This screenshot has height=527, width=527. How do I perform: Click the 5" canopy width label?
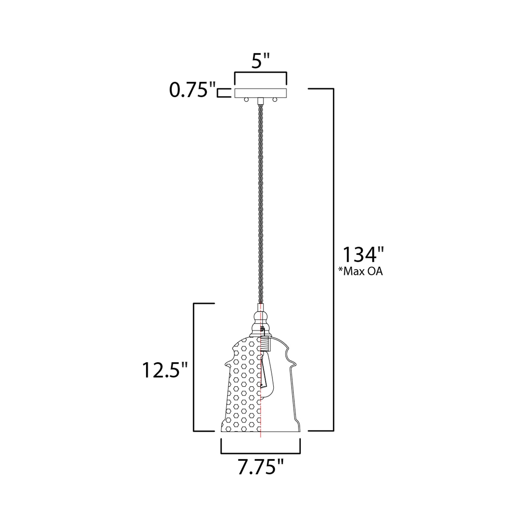pos(260,62)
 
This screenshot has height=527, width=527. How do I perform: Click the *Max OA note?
pos(360,272)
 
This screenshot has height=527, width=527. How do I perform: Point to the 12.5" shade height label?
pos(165,370)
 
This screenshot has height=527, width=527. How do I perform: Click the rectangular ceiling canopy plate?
pos(261,93)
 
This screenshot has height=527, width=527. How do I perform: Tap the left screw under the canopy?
pos(246,100)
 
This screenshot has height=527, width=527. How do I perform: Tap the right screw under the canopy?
pos(275,100)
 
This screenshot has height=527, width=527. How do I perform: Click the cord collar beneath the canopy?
pos(261,101)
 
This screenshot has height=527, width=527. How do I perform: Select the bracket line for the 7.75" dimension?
pos(261,453)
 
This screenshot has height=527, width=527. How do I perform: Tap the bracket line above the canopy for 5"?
pos(261,72)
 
